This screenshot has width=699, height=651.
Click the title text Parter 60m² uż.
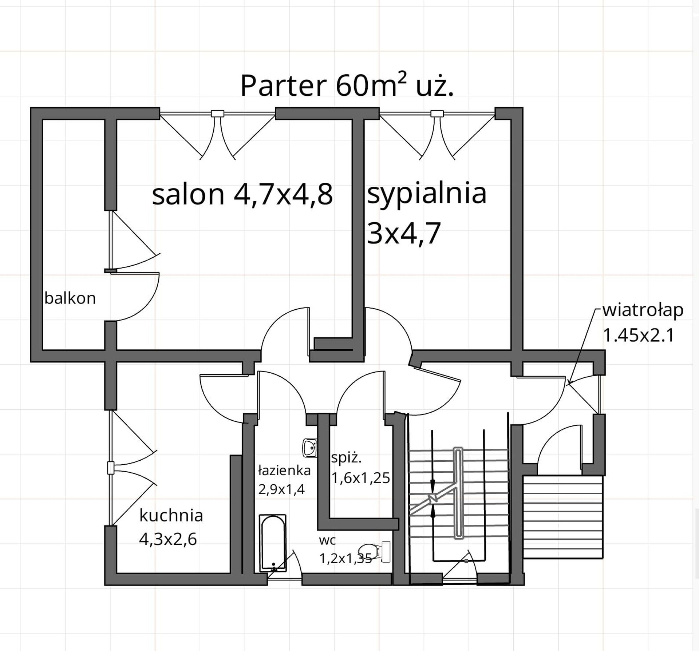click(347, 86)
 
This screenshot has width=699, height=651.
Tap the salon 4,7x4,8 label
click(242, 195)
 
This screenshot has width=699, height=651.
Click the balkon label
click(70, 298)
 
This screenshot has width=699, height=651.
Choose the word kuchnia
click(171, 515)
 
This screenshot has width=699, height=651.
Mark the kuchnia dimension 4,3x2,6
click(168, 539)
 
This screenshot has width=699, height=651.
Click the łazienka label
click(284, 471)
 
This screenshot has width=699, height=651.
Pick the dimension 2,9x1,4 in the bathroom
click(281, 489)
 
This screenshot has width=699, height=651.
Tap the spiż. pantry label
click(346, 458)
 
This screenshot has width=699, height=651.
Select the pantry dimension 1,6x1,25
click(360, 478)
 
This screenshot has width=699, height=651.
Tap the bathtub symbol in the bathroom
click(273, 543)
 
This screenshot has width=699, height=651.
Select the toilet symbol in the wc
click(374, 552)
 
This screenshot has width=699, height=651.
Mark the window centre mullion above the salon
click(217, 114)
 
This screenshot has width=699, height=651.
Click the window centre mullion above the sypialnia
click(437, 114)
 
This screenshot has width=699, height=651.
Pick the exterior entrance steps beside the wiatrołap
click(563, 517)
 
